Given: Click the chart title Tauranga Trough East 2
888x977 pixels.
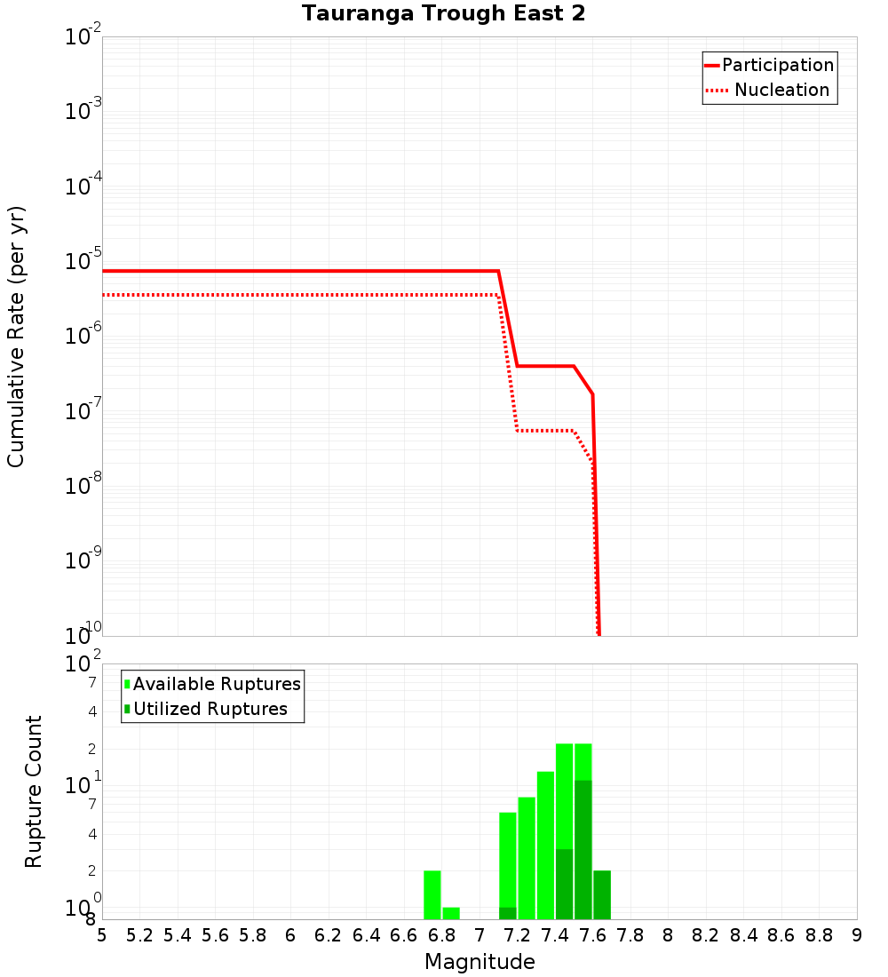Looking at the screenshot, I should (443, 13).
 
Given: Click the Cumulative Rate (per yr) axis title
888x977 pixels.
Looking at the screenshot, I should (16, 336).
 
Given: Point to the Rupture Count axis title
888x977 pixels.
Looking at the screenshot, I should (34, 791).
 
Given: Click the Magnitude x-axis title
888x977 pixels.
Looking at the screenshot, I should (480, 962).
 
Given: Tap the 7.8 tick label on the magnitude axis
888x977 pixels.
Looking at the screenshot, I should (630, 935).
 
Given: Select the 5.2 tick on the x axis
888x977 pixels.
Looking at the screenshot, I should (140, 935).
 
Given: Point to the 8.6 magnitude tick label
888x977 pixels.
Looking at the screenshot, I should (781, 935).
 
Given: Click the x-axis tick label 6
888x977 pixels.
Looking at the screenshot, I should (290, 935).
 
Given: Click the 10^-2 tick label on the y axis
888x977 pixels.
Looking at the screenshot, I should (83, 36).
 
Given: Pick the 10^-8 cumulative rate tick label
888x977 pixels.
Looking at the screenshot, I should (83, 485).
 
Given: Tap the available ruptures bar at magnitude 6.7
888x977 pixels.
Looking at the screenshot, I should (432, 894).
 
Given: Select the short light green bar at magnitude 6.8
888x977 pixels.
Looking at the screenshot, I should (450, 913).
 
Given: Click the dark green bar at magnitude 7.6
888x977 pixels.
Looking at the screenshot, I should (583, 849).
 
